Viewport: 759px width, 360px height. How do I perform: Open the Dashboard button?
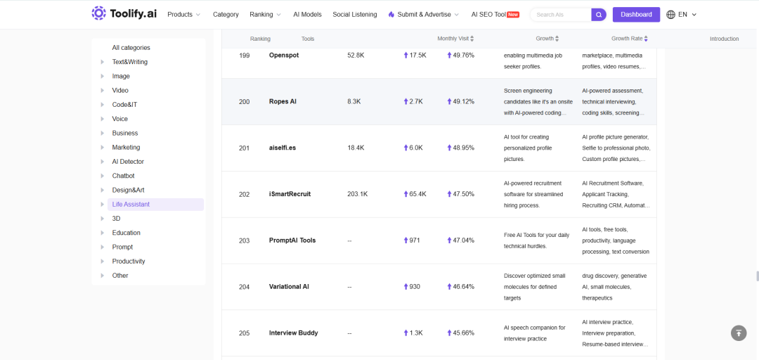point(636,15)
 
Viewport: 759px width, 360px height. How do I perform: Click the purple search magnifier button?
point(599,15)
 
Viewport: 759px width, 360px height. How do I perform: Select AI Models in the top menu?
point(307,15)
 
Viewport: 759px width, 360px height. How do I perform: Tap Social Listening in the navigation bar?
point(355,15)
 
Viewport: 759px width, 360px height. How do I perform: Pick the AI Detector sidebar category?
point(128,161)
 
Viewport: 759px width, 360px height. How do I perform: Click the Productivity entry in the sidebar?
point(129,261)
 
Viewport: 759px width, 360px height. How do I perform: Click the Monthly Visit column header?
point(455,39)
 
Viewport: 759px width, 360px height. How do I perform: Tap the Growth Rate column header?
point(629,39)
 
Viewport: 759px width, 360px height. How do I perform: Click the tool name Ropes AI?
point(283,102)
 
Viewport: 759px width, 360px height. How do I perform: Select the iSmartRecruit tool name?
point(290,194)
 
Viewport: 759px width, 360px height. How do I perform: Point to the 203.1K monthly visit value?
point(357,194)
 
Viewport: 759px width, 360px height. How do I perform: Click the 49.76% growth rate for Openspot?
point(460,56)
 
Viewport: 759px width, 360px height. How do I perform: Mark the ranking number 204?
point(245,287)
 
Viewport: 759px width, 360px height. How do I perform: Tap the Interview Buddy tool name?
point(293,333)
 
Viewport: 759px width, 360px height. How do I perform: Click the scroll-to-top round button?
point(739,333)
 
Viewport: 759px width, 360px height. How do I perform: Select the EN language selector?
point(682,15)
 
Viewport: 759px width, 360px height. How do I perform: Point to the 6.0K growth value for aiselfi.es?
point(413,148)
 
